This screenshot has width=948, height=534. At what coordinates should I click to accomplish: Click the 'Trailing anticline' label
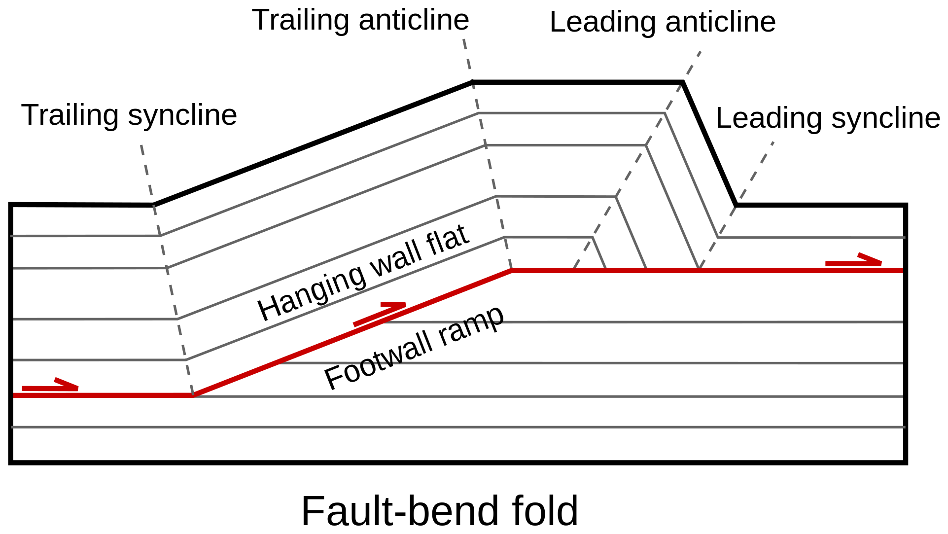pos(360,21)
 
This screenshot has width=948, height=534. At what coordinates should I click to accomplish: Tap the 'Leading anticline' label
pos(662,23)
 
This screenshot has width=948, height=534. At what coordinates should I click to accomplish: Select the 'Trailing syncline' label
pos(129,115)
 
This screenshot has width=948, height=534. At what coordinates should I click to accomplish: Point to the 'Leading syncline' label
pos(827,118)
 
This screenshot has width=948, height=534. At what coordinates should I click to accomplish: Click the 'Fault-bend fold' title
pos(439,511)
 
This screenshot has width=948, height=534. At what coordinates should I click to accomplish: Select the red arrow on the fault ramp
pos(380,314)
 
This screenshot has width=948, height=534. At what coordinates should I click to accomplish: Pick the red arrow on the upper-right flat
pos(853,262)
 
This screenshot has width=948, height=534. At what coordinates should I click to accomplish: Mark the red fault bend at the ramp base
pos(193,395)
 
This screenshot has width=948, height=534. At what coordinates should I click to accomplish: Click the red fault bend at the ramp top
pos(511,271)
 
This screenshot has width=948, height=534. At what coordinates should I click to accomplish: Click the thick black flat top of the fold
pos(577,82)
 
